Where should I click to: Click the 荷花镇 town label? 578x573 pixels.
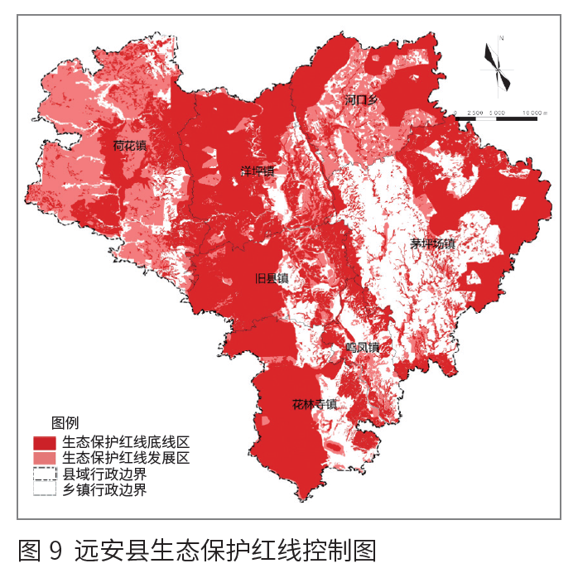coord(130,146)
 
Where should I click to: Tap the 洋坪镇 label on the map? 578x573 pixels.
coord(257,171)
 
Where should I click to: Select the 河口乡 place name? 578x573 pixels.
coord(362,100)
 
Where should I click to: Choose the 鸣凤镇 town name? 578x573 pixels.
coord(362,347)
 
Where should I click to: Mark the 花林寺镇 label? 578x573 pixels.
coord(315,405)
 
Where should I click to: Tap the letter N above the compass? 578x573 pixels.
coord(502,38)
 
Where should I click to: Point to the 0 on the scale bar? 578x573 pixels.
coord(456,112)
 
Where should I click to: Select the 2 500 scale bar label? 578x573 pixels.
coord(475,112)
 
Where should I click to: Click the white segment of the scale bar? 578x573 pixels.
coord(486,118)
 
